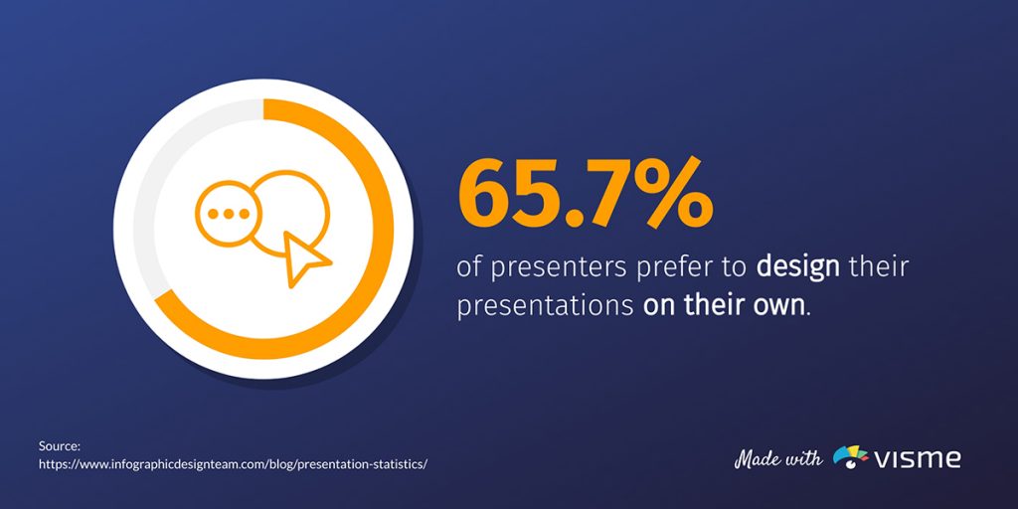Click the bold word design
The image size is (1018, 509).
(792, 266)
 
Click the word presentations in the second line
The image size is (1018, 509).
(545, 304)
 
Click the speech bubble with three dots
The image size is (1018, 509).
(228, 213)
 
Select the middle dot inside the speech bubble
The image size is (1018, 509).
(228, 213)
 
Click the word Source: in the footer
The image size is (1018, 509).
(60, 446)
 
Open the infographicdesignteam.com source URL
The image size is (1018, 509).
(233, 463)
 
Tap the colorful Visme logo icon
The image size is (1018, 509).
(850, 457)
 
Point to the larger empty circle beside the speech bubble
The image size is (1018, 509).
(290, 209)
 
